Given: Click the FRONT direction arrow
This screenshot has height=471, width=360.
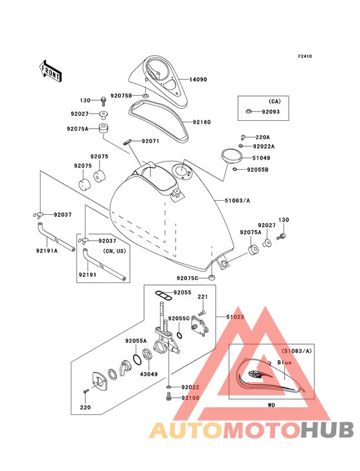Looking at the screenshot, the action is click(x=50, y=71).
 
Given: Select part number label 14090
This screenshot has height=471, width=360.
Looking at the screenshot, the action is click(x=198, y=80).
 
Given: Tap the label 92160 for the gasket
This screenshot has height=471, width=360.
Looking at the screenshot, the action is click(x=202, y=122).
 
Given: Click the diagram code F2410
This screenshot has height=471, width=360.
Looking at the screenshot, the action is click(x=305, y=56).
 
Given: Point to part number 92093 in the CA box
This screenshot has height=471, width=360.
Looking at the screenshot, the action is click(x=271, y=112).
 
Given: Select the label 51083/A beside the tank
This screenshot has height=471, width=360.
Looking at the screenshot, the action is click(x=237, y=200).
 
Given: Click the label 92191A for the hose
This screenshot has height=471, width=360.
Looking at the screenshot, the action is click(x=47, y=250).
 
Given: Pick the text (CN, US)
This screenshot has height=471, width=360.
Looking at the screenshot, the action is click(x=114, y=251).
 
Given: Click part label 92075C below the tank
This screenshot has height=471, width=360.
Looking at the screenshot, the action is click(x=188, y=278).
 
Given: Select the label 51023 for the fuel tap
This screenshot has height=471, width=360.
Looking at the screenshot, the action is click(x=235, y=317).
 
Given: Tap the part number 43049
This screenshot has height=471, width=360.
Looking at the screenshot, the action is click(x=148, y=374).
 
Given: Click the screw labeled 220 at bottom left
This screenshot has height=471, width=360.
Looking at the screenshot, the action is click(x=86, y=391).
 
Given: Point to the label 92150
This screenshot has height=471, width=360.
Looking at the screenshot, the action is click(x=190, y=398).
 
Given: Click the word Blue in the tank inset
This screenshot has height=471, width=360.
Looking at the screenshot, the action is click(x=284, y=362).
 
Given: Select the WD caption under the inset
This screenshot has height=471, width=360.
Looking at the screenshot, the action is click(x=271, y=405).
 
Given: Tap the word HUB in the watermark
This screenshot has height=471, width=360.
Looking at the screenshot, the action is click(x=327, y=430).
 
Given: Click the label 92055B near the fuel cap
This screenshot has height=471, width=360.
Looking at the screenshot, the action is click(x=258, y=170).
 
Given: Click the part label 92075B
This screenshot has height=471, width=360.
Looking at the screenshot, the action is click(x=122, y=95).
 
